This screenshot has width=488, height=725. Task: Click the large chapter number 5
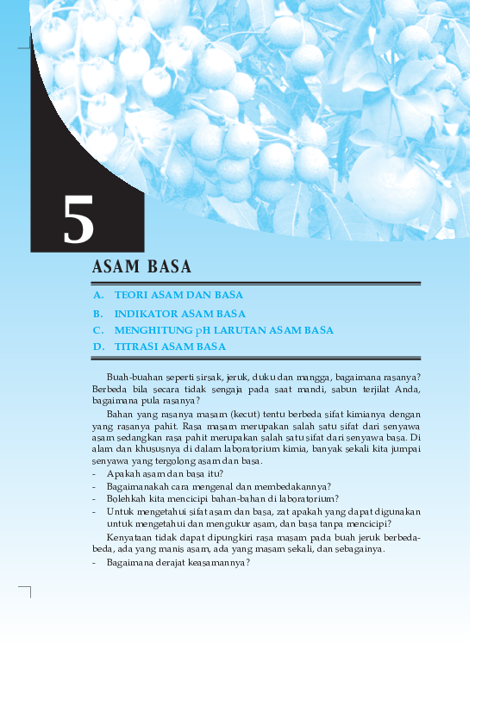click(78, 221)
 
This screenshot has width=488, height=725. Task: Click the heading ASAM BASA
click(141, 267)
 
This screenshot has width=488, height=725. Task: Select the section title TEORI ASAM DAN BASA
click(178, 295)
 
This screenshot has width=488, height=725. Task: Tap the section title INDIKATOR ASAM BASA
click(179, 314)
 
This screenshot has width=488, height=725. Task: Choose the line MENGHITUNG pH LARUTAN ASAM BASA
click(223, 330)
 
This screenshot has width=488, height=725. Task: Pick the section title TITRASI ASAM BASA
click(170, 347)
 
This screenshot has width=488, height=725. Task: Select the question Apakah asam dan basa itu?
click(165, 474)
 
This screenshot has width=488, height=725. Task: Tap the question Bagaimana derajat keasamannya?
click(178, 562)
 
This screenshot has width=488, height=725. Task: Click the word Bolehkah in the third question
click(125, 498)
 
